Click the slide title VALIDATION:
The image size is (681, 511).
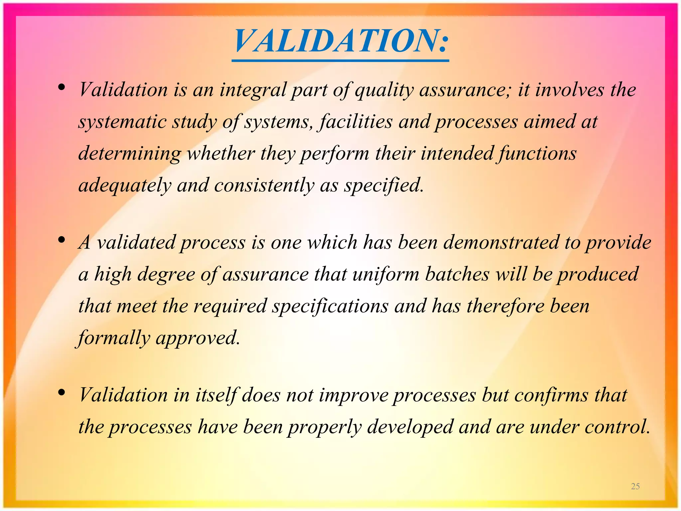[x=340, y=41]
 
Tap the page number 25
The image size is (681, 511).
[x=635, y=486]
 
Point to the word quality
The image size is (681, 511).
[x=384, y=90]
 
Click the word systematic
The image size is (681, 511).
[x=122, y=122]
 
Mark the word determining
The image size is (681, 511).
[x=130, y=154]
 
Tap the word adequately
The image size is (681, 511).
[x=125, y=186]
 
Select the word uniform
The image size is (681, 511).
[x=386, y=274]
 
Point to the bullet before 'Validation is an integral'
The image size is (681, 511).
[x=61, y=87]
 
